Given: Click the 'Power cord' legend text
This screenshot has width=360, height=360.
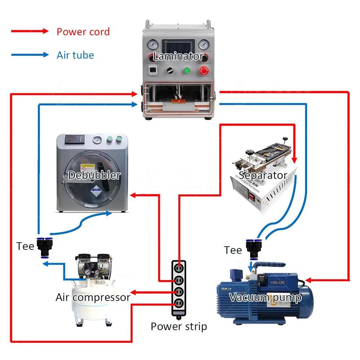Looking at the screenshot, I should [x=83, y=32].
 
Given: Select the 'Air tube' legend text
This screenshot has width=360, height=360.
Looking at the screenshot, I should [x=75, y=55].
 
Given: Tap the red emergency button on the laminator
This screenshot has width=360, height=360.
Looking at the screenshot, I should [x=204, y=71].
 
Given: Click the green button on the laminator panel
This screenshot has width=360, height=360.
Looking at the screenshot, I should [x=186, y=71].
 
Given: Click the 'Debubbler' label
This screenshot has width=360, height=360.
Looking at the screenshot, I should [x=94, y=175].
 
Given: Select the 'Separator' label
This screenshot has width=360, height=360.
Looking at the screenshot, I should [x=263, y=175].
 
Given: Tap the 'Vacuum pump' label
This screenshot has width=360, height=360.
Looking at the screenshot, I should [x=265, y=297].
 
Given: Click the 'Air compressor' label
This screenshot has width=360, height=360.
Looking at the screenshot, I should [x=93, y=297].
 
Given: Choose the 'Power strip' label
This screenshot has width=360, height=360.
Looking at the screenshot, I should [x=179, y=327].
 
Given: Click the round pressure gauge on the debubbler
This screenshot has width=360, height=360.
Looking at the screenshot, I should [x=97, y=140].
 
